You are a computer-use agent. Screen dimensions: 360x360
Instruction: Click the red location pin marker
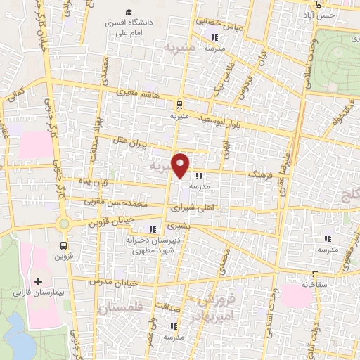(181, 165)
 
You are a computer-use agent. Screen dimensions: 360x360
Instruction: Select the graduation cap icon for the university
(129, 12)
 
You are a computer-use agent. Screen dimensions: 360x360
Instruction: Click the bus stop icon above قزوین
(64, 245)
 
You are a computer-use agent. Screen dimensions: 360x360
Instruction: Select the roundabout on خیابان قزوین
(64, 224)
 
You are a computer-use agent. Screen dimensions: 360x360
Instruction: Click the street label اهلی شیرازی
(194, 207)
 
